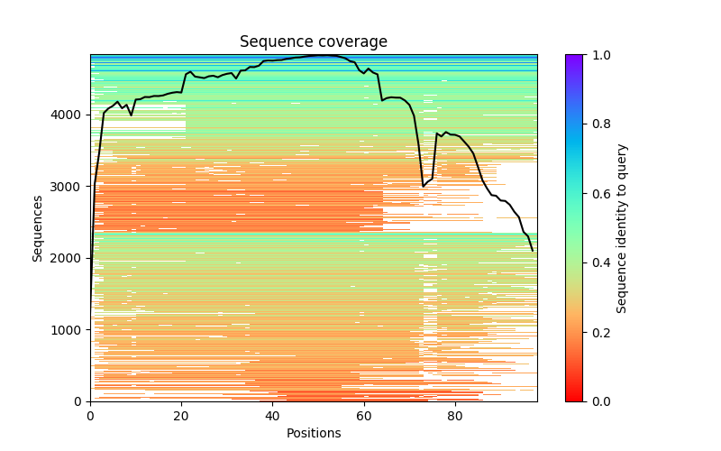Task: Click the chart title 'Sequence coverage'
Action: tap(313, 41)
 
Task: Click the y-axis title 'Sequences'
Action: tap(38, 227)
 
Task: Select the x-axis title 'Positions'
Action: tap(313, 433)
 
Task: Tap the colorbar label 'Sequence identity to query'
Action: tap(622, 227)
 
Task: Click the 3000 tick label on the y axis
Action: tap(69, 187)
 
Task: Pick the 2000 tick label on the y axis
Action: tap(69, 258)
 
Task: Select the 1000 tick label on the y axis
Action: tap(69, 329)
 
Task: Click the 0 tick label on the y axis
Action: tap(79, 401)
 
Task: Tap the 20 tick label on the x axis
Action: tap(181, 416)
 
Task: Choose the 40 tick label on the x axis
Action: tap(272, 416)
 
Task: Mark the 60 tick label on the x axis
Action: tap(364, 416)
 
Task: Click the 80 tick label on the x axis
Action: tap(455, 416)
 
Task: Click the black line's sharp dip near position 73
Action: tap(424, 186)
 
